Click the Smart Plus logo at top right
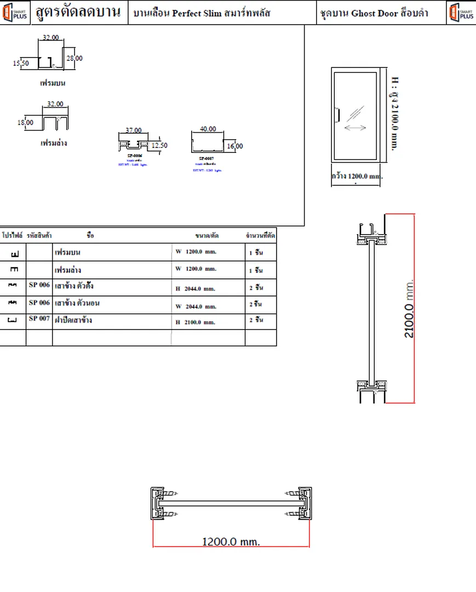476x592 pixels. (461, 13)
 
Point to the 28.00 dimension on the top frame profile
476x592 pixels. (74, 58)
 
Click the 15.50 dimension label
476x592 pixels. (21, 63)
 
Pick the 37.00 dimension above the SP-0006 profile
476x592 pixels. (133, 130)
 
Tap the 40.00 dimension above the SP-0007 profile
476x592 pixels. (208, 129)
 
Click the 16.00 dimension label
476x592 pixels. (234, 146)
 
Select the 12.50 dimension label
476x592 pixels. (159, 145)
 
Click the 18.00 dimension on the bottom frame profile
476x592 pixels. (25, 123)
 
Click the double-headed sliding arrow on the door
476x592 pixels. (355, 128)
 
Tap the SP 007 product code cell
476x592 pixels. (39, 318)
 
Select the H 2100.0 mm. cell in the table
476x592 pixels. (196, 322)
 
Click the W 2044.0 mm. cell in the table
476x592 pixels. (196, 306)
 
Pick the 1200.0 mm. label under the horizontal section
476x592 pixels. (231, 542)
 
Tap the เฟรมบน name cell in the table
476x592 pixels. (68, 253)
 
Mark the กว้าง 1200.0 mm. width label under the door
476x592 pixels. (357, 177)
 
